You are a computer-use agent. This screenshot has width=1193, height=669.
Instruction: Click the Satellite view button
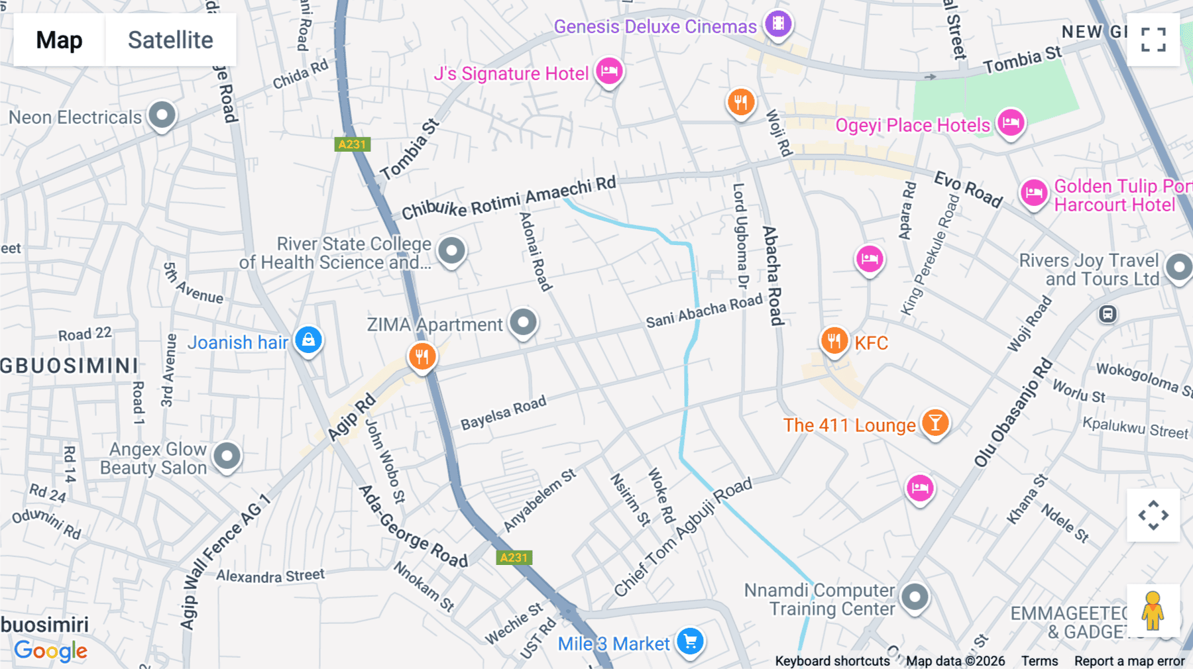pos(170,40)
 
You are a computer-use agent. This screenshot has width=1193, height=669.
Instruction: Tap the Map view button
pos(59,40)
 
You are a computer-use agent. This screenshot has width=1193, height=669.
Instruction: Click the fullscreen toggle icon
pos(1153,40)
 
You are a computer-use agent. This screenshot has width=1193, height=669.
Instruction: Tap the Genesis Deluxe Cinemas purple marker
pos(778,24)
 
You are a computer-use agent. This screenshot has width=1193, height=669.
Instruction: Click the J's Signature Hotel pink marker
pos(609,71)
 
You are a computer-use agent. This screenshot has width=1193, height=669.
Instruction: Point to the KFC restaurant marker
pos(834,341)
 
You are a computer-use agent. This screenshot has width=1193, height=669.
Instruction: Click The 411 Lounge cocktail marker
pos(935,423)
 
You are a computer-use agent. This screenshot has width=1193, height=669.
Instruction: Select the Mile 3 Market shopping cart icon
pos(690,641)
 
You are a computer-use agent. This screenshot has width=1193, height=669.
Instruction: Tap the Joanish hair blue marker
pos(308,340)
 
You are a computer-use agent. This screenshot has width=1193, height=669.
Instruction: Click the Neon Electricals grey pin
pos(162,115)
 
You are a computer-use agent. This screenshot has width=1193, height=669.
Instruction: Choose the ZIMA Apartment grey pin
pos(523,323)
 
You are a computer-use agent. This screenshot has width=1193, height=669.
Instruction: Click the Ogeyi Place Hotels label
pos(912,125)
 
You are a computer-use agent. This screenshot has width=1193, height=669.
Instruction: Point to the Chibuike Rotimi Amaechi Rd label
pos(508,199)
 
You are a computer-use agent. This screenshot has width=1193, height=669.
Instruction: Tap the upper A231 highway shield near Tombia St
pos(352,144)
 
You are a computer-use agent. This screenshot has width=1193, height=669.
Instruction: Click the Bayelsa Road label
pos(503,413)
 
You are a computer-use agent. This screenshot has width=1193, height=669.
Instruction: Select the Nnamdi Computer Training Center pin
pos(915,597)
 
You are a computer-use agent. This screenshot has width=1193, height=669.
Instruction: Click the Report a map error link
pos(1129,661)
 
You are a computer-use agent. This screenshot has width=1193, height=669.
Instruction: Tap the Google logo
pos(50,650)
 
